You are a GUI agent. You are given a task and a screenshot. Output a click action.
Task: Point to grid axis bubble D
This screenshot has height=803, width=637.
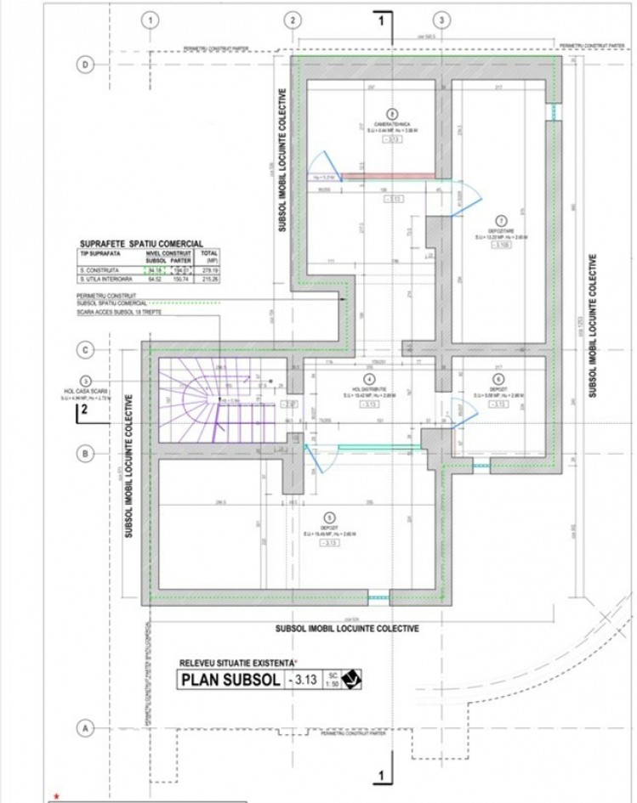point(84,64)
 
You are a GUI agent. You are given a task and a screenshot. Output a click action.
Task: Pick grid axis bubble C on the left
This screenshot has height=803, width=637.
point(84,349)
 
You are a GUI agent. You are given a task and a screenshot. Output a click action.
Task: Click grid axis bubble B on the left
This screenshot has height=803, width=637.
point(84,454)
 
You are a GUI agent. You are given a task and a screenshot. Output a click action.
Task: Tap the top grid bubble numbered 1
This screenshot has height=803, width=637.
point(151,19)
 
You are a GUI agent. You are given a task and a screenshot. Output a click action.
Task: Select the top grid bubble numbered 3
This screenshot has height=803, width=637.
point(441,19)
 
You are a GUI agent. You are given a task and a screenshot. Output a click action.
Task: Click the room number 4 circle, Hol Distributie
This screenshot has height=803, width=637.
point(368,380)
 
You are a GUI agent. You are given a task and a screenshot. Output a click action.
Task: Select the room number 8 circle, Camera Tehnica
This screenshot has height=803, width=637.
point(391,113)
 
